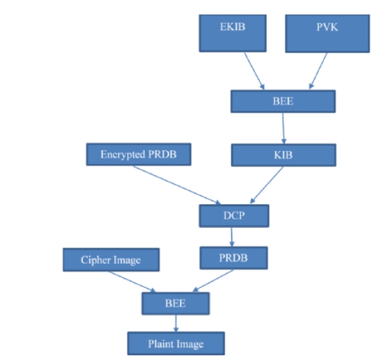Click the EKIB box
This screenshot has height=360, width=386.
[233, 33]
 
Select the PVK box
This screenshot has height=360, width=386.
[327, 33]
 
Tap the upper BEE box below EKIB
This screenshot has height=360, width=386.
[283, 102]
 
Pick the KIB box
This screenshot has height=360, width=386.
[284, 155]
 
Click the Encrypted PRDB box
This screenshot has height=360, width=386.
[139, 155]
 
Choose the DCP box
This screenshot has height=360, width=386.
[234, 216]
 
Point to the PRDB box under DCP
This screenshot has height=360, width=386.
[233, 258]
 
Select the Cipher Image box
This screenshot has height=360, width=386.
[111, 260]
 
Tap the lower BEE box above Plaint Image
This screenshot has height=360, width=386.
[176, 304]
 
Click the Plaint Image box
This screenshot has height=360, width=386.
[176, 343]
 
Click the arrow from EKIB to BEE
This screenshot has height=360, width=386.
[254, 71]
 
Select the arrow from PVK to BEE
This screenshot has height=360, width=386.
[318, 70]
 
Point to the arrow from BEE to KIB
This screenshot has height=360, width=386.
[284, 128]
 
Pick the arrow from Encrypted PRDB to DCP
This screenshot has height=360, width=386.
[177, 185]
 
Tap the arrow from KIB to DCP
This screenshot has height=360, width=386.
[267, 185]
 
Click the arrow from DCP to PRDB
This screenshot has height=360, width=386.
[231, 237]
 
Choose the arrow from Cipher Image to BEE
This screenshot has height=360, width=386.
[132, 282]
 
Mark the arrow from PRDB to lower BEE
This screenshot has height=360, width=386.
[213, 281]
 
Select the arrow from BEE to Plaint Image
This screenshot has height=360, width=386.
[176, 323]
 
